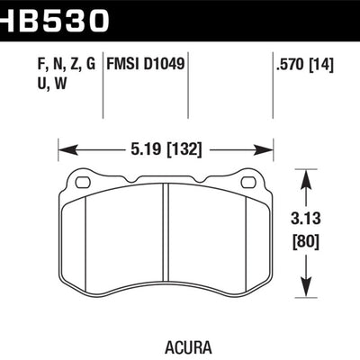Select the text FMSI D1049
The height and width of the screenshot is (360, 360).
148,64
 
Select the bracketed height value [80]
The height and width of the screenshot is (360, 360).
308,242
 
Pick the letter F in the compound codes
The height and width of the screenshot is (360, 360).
20,64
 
